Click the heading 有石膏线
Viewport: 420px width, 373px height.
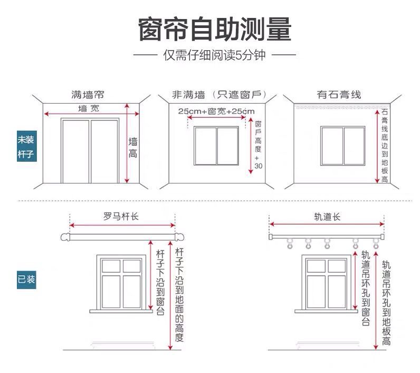tap(339, 95)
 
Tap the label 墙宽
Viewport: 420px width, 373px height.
tap(88, 108)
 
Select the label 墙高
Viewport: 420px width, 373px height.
tap(133, 148)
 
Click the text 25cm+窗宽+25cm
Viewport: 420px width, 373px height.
tap(216, 111)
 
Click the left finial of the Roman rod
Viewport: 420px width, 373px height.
tap(65, 238)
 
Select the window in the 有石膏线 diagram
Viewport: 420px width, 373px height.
tap(342, 146)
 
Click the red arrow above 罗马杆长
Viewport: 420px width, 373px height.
tap(122, 224)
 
